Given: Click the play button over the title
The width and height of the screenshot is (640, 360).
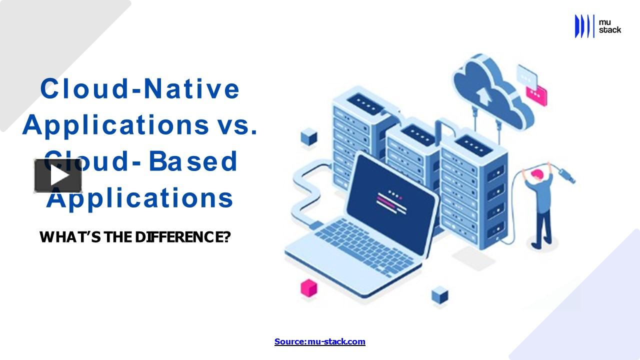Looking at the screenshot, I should pos(58,176).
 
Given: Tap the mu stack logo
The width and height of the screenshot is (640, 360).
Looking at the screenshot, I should pos(598,26).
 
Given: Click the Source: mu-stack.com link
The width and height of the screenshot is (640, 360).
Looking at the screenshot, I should pos(320,341).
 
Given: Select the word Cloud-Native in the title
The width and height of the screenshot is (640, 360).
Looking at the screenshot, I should pos(140,88).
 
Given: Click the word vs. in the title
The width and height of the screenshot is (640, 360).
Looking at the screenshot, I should pos(238,124).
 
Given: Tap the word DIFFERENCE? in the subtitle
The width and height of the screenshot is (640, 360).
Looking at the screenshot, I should pos(182,236).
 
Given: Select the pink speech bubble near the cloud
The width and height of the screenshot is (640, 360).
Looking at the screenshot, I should pos(536,95).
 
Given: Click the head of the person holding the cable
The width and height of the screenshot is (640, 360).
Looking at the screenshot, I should pos(537,175).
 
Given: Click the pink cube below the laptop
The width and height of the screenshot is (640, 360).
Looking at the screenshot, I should pos(308,287).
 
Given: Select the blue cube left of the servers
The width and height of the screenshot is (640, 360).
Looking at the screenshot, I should pos(309,136).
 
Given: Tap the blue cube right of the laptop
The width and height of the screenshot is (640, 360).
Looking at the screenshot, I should pos(439,294).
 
